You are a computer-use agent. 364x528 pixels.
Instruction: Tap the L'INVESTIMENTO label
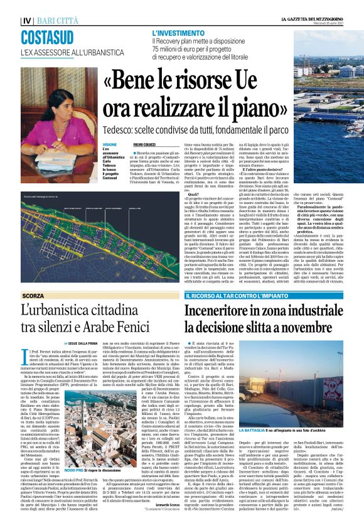click(176, 31)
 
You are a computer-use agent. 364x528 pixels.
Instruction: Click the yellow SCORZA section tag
click(33, 295)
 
